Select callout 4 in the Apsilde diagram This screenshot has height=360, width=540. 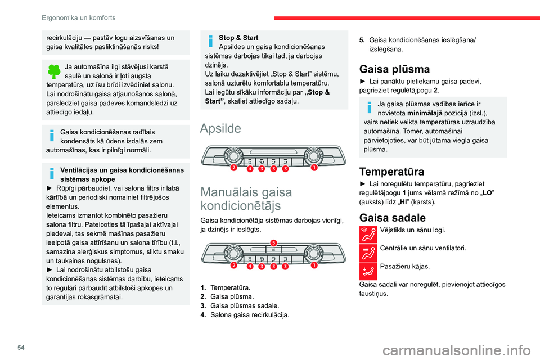click(x=249, y=168)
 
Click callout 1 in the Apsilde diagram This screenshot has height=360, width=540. click(x=314, y=168)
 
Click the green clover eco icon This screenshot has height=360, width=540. click(x=53, y=71)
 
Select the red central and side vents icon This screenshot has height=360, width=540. click(x=369, y=251)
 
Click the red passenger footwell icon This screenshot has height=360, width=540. click(x=369, y=271)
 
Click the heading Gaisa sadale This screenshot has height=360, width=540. click(x=388, y=218)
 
